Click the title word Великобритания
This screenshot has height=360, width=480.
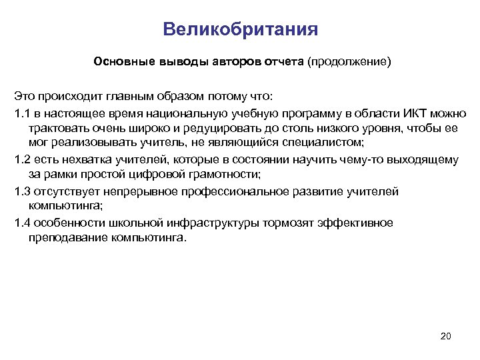pos(240,30)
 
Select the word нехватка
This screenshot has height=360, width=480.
pos(81,159)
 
